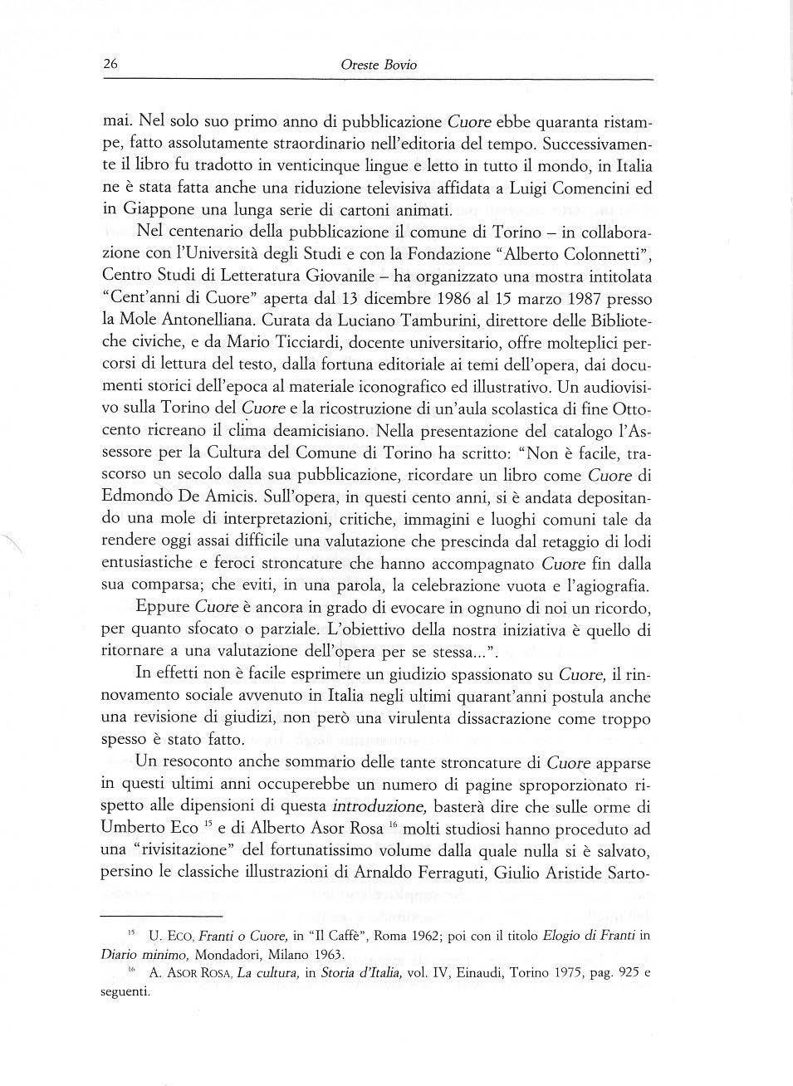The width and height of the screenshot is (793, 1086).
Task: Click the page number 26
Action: (x=110, y=64)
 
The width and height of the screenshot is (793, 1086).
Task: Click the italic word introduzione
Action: (x=379, y=805)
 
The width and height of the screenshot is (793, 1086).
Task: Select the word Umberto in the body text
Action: (x=135, y=828)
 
